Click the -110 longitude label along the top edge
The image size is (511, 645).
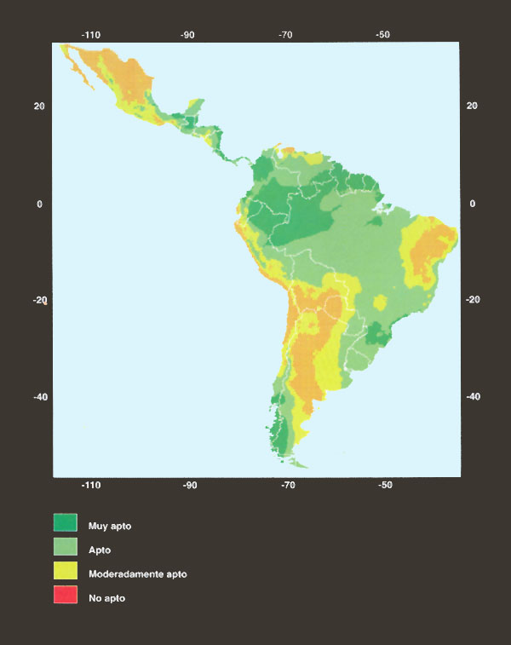click(x=91, y=35)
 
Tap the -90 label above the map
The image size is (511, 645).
click(x=188, y=35)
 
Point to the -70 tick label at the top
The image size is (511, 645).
click(x=286, y=35)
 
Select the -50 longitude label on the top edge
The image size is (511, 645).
click(x=383, y=35)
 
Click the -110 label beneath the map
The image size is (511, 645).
click(x=91, y=485)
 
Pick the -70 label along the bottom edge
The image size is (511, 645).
click(x=287, y=485)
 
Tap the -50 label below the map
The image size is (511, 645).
click(x=384, y=485)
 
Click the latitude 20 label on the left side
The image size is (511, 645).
click(x=39, y=106)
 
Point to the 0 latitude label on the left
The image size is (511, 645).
click(x=39, y=204)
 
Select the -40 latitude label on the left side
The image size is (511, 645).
click(x=38, y=397)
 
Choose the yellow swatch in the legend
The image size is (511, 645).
click(x=66, y=573)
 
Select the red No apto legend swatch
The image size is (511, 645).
click(x=66, y=596)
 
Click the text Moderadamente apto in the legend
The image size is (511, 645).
click(x=137, y=574)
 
